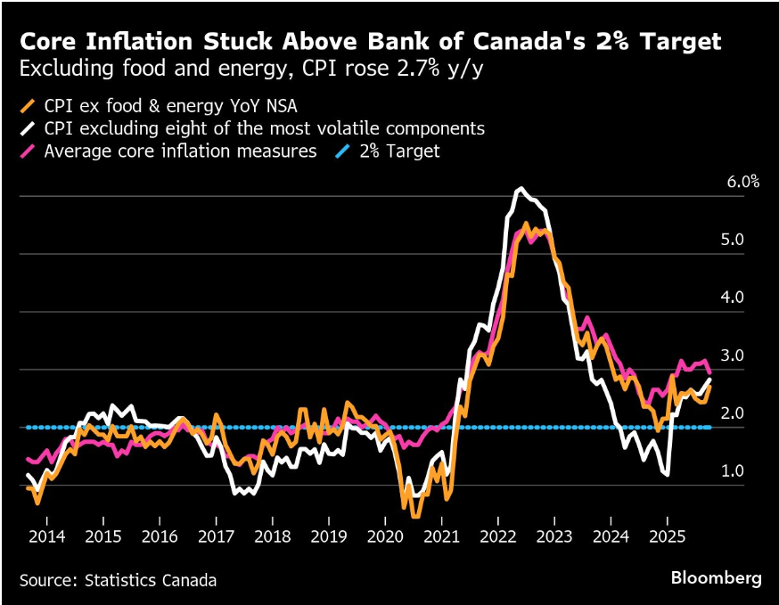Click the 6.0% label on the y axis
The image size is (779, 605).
pos(742,183)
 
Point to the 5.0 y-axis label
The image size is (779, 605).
pos(734,240)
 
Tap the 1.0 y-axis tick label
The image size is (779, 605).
pos(734,470)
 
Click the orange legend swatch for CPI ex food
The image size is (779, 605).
pos(28,105)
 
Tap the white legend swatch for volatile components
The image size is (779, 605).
pos(28,128)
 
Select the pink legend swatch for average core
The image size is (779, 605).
pos(28,151)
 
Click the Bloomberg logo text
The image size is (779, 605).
pos(716,578)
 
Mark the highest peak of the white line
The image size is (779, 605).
pos(521,188)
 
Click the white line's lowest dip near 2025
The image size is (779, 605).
pos(667,475)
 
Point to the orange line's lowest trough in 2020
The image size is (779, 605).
pos(415,516)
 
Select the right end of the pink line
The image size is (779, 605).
pos(709,372)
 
